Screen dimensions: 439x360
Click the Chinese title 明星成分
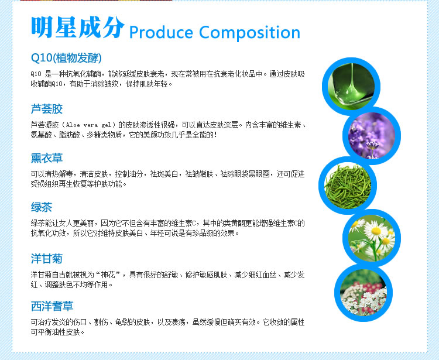coord(77,27)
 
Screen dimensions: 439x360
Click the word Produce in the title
coord(161,32)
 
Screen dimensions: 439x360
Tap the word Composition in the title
coord(249,33)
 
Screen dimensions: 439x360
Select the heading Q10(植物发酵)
coord(66,58)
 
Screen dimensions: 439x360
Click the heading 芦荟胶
coord(46,109)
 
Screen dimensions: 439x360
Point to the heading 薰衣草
coord(46,158)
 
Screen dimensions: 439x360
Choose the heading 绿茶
coord(42,207)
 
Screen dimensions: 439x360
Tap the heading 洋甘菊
coord(46,259)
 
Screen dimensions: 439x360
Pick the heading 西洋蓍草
coord(52,306)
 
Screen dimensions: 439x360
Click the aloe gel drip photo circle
coord(351,86)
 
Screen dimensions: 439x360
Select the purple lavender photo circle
coord(372,136)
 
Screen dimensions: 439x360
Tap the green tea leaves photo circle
coord(348,186)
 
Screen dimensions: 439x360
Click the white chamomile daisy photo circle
coord(372,238)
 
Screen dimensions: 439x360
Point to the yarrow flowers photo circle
coord(363,293)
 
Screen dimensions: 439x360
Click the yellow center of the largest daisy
coord(376,231)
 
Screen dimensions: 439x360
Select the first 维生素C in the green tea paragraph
coord(185,224)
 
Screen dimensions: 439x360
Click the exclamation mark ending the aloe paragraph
coord(215,135)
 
